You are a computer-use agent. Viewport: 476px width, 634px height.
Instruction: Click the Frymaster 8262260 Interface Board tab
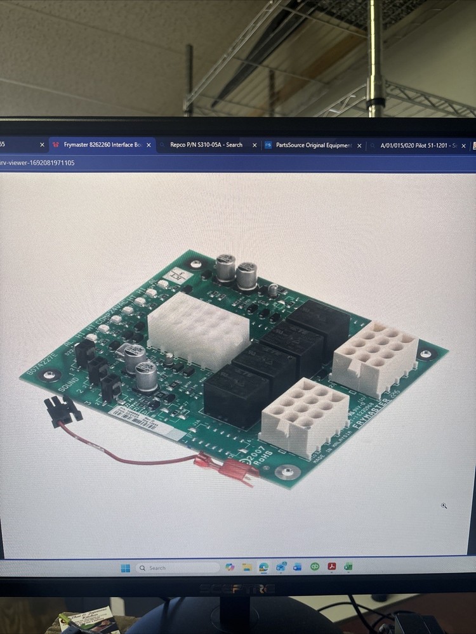pyautogui.click(x=98, y=145)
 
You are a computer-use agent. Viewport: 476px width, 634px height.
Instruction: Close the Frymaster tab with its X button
pyautogui.click(x=149, y=145)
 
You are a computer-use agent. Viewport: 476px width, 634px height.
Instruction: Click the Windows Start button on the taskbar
pyautogui.click(x=126, y=568)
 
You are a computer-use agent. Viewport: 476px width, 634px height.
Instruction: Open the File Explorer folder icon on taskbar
pyautogui.click(x=247, y=567)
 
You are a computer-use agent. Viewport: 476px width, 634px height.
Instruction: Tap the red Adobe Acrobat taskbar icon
pyautogui.click(x=331, y=566)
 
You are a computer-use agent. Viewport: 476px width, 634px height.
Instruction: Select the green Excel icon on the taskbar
pyautogui.click(x=348, y=566)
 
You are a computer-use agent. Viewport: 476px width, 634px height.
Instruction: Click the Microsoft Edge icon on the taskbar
pyautogui.click(x=263, y=567)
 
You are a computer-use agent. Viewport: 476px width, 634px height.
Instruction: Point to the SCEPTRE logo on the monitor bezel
pyautogui.click(x=237, y=589)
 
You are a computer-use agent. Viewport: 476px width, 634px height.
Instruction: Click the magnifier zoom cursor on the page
pyautogui.click(x=444, y=505)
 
